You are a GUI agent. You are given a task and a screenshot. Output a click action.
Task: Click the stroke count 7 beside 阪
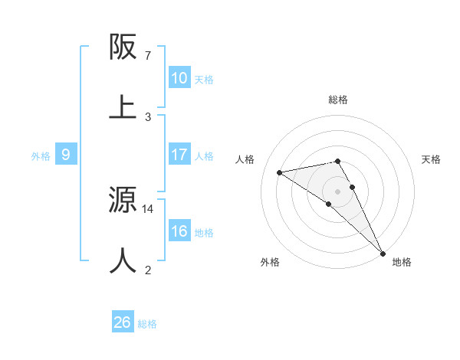[x=148, y=56]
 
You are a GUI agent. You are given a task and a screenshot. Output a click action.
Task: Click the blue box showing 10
[x=179, y=78]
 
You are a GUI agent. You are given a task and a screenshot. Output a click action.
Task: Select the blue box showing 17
[x=179, y=155]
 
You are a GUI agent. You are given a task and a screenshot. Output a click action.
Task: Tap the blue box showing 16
[x=179, y=231]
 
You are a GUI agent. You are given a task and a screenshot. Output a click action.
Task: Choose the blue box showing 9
[x=66, y=155]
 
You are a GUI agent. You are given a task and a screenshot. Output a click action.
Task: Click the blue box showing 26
[x=123, y=322]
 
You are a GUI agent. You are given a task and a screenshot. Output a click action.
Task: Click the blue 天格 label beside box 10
[x=204, y=79]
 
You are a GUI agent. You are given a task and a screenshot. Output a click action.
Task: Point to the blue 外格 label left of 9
[x=41, y=155]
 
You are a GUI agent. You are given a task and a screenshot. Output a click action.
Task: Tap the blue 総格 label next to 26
[x=147, y=323]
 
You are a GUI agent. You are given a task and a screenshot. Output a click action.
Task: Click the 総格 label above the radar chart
[x=338, y=100]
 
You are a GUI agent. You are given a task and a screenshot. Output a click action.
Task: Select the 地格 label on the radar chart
[x=402, y=262]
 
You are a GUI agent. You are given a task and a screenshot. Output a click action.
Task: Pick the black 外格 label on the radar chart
[x=270, y=262]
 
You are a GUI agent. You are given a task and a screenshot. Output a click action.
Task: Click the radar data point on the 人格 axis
[x=280, y=172]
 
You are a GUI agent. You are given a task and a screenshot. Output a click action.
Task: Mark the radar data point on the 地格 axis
[x=383, y=253]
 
